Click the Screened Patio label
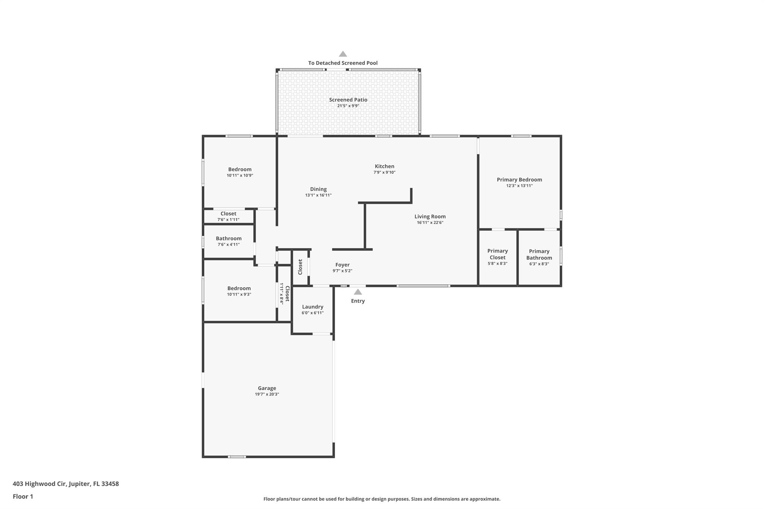click(348, 100)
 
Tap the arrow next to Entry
click(358, 292)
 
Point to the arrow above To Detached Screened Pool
click(343, 54)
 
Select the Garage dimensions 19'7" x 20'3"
click(267, 394)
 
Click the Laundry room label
click(313, 307)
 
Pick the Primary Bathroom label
click(539, 254)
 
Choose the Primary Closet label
click(497, 254)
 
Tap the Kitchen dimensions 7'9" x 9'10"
click(384, 172)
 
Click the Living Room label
click(430, 216)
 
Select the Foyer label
click(342, 265)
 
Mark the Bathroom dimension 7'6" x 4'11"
click(228, 245)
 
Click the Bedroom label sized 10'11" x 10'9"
click(240, 169)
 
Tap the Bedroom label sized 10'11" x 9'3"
click(239, 288)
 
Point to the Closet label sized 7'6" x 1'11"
click(228, 214)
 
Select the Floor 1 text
click(23, 496)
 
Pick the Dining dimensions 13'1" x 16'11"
click(318, 195)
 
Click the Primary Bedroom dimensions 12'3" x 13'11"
click(519, 186)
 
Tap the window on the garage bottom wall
click(237, 457)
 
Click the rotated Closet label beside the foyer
click(300, 267)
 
